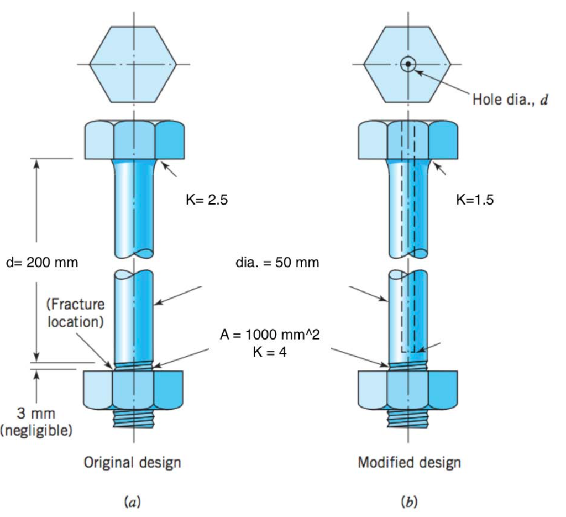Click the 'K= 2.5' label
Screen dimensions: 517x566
[x=207, y=200]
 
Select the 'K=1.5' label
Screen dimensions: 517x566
[x=475, y=200]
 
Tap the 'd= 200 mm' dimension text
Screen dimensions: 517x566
[x=42, y=263]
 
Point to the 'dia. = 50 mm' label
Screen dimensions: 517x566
[x=277, y=263]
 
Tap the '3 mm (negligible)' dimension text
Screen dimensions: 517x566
[x=36, y=422]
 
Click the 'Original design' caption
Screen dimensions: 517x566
[x=132, y=462]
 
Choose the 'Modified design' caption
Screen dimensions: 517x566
[x=409, y=462]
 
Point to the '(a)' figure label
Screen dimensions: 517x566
[x=132, y=502]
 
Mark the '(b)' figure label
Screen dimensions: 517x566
[x=408, y=502]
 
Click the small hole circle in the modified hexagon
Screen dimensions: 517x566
[x=408, y=64]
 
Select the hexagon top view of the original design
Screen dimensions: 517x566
[x=133, y=64]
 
